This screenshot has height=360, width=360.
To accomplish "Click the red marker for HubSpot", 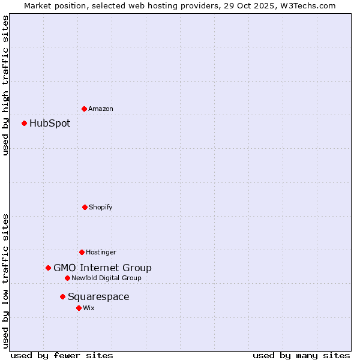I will [25, 123].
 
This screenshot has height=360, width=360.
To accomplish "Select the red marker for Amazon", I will [84, 109].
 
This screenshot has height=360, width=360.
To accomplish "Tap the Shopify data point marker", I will [85, 207].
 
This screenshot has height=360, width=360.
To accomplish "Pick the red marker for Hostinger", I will [82, 252].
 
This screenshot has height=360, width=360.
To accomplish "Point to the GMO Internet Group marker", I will [48, 268].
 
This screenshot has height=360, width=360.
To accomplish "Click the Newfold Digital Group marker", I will [67, 278].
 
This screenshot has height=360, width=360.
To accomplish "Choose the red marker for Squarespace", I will [62, 296].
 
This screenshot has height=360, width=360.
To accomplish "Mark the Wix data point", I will [79, 308].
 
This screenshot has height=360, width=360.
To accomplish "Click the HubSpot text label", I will [50, 124].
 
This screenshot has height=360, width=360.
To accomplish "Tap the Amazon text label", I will [101, 109].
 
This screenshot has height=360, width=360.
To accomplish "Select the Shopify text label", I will [101, 208].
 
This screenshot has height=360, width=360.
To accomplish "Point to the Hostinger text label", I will [101, 253].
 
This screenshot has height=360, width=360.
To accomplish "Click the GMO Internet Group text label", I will [103, 268].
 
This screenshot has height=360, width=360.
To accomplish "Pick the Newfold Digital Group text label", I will [106, 278].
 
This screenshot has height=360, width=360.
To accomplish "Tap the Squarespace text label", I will [98, 297].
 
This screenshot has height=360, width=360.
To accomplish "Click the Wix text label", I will [89, 308].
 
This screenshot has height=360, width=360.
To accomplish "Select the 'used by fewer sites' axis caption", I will [62, 355].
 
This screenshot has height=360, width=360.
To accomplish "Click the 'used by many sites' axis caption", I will [301, 355].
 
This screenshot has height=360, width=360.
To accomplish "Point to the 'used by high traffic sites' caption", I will [5, 86].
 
